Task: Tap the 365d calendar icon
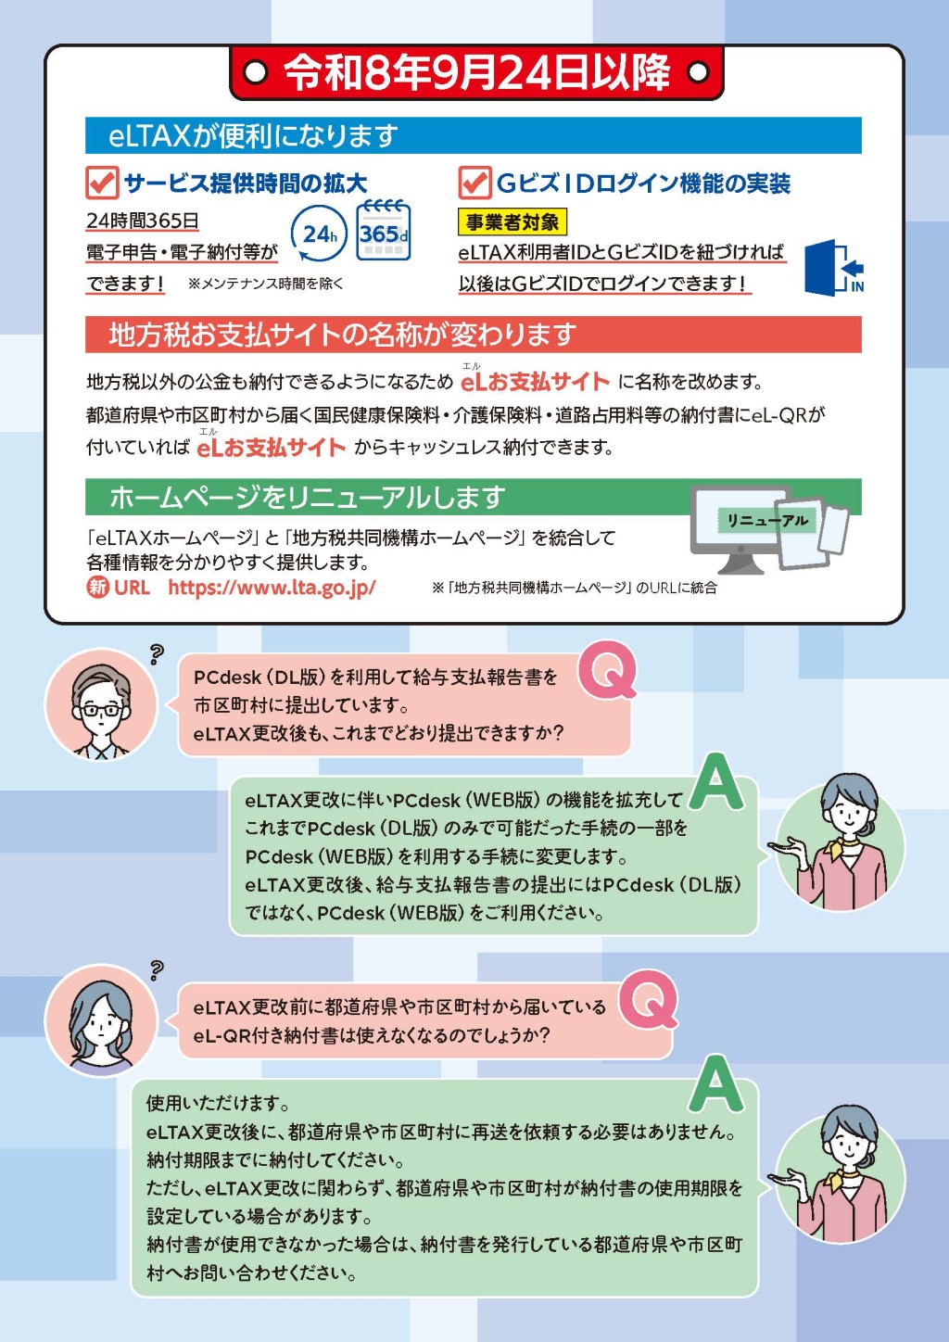(384, 231)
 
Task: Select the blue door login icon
(833, 267)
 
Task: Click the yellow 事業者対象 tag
(512, 222)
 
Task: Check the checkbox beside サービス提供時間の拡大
(102, 183)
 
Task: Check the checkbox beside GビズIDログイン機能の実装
(475, 183)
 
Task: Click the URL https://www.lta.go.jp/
(272, 588)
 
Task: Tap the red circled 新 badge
(97, 588)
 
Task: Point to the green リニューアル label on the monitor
(767, 520)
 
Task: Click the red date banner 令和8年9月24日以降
(476, 73)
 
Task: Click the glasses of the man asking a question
(101, 711)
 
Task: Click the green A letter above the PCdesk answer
(716, 781)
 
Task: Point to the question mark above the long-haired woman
(157, 970)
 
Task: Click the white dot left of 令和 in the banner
(256, 73)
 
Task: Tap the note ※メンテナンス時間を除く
(266, 284)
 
